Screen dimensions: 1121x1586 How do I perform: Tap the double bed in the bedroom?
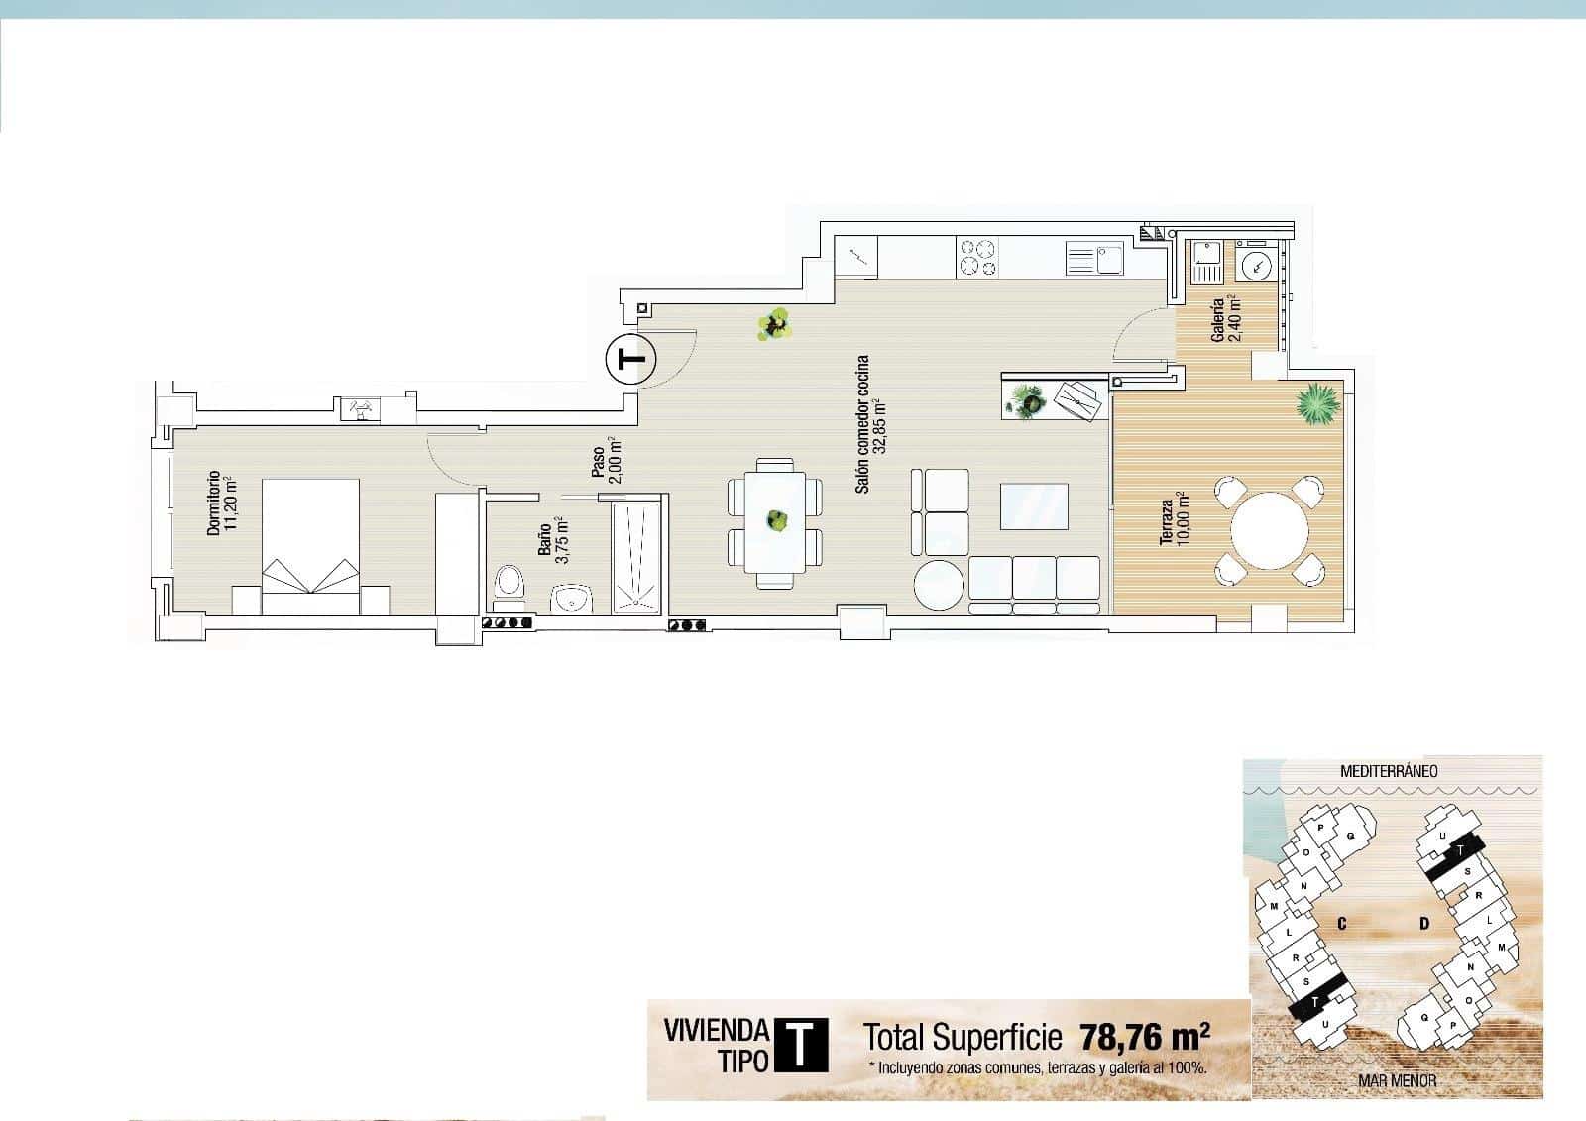[309, 535]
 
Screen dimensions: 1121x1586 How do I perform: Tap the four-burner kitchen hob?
[976, 258]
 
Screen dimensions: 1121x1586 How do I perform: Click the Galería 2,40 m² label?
[1226, 319]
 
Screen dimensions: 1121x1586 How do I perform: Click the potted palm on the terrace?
[1319, 402]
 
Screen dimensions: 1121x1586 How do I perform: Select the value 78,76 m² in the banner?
[1145, 1037]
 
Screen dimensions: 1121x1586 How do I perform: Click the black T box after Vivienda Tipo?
[801, 1045]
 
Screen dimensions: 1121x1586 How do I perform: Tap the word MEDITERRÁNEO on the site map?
[1389, 770]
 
